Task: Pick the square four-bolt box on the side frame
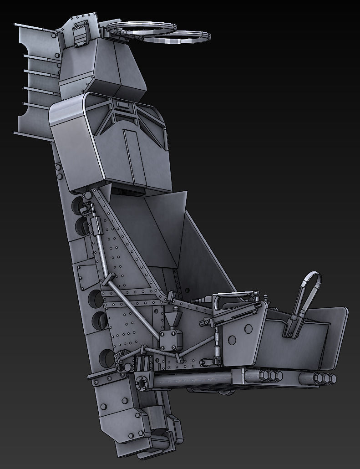172,341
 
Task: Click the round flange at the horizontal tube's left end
143,382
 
